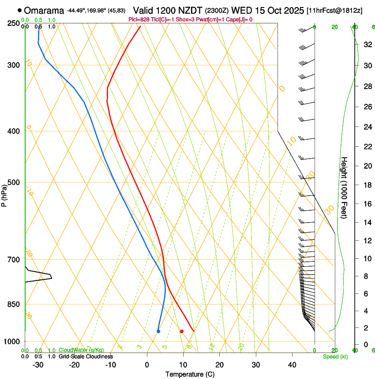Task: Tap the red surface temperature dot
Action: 181,331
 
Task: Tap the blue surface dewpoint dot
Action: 158,331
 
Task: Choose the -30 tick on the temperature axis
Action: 38,365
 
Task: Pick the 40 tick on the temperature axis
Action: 292,365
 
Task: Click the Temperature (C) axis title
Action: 190,374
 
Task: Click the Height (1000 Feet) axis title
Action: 345,187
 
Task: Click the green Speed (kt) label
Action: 335,357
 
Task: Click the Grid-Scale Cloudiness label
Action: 86,357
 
